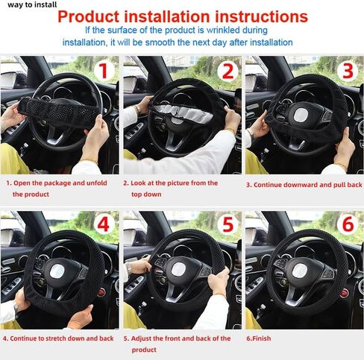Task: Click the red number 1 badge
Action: tap(104, 71)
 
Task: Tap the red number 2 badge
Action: tap(228, 72)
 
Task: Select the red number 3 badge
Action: tap(348, 71)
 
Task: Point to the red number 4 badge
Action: tap(103, 224)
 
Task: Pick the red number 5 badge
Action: tap(228, 224)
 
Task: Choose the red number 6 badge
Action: tap(348, 224)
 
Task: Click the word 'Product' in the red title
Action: tap(89, 16)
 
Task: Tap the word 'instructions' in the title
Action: tap(261, 16)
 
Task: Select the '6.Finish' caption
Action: tap(259, 338)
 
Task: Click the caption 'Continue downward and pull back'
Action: tap(307, 185)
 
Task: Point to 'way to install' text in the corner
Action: tap(32, 4)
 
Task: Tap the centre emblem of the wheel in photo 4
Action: tap(57, 271)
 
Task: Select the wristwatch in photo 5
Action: tap(128, 268)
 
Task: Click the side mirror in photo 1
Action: tap(10, 80)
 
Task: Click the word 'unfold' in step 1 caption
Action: tap(97, 183)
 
